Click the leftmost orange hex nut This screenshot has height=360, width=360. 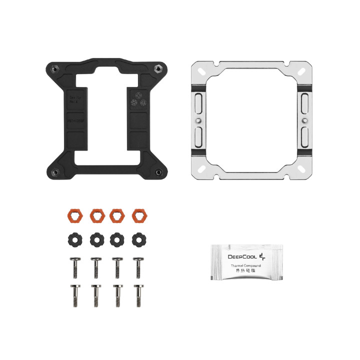coord(74,215)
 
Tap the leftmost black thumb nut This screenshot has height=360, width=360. coord(74,239)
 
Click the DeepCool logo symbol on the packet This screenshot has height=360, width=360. coord(265,256)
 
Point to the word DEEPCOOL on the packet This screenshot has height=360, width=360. coord(242,257)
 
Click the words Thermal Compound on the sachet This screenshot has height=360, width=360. coord(245,265)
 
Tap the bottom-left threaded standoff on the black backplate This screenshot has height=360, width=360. coord(55,172)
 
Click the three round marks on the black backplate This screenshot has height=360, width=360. coord(138,101)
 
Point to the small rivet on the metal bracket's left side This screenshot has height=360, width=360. coord(198,120)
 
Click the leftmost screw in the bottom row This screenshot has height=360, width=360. coord(74,295)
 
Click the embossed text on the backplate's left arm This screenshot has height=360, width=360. coord(74,100)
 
